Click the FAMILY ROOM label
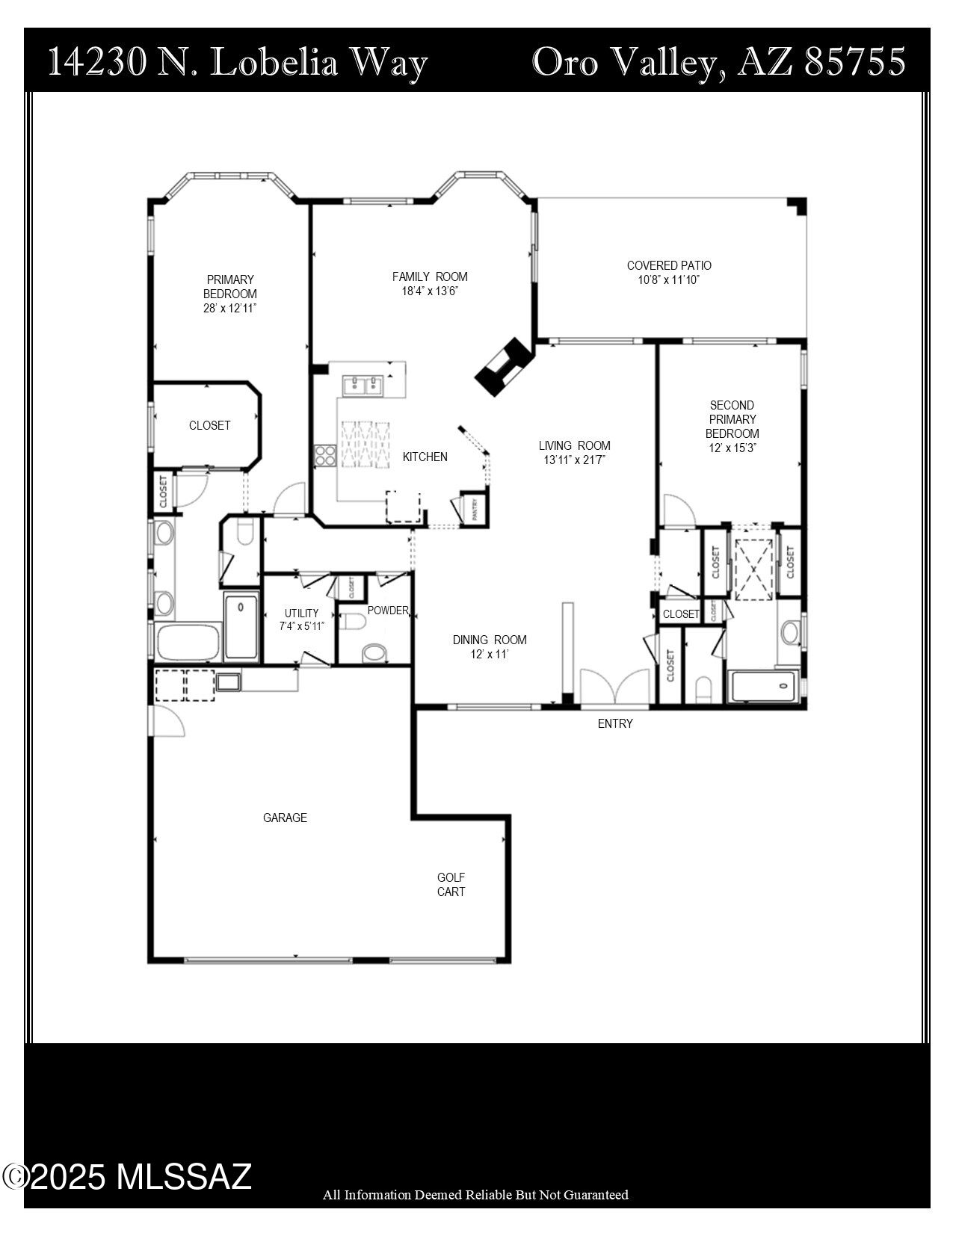[429, 276]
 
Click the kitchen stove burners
[324, 454]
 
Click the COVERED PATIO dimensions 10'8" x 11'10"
[669, 280]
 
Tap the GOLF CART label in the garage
[451, 884]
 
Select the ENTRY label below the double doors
[615, 723]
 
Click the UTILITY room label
[301, 613]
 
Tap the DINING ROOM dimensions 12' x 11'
[490, 654]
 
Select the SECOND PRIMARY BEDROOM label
[732, 419]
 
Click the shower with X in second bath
[753, 569]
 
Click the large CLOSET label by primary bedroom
[209, 425]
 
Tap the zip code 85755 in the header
[855, 62]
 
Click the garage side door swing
[167, 721]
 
